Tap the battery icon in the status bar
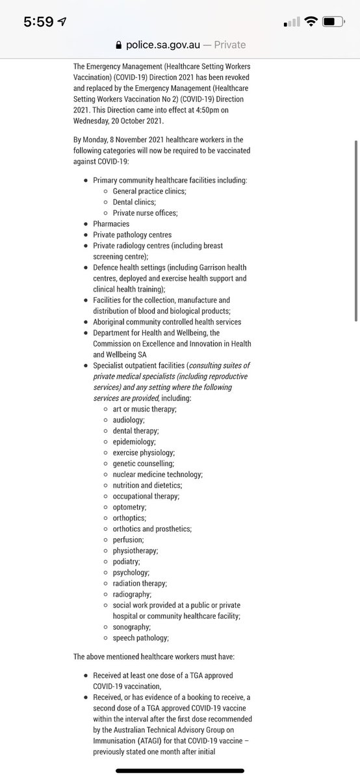332,21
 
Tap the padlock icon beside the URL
118,45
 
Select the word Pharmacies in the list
111,224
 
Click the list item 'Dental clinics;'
139,202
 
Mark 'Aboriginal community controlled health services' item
167,322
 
